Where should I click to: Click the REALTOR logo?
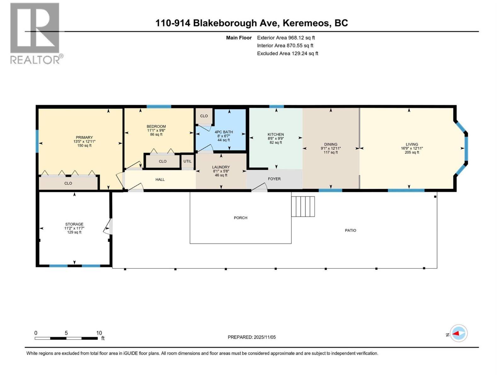coord(35,33)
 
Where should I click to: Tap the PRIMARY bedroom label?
coord(84,137)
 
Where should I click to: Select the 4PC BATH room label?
coord(224,132)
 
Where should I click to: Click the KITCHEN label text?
coord(276,135)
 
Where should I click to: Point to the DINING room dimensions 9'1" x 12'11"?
coord(331,148)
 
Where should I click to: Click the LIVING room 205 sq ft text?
coord(412,152)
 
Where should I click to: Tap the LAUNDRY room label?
coord(221,167)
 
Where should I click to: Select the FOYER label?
coord(274,179)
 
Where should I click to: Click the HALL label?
coord(160,180)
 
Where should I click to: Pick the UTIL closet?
coord(187,161)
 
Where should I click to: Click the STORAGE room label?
coord(74,224)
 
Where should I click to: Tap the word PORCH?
coord(241,218)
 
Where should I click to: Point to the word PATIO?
coord(350,231)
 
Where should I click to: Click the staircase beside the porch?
coord(303,207)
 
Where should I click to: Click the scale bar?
coord(66,338)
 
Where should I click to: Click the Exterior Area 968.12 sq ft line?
coord(286,38)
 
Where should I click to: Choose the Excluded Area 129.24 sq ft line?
coord(287,54)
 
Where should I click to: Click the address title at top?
coord(252,23)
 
